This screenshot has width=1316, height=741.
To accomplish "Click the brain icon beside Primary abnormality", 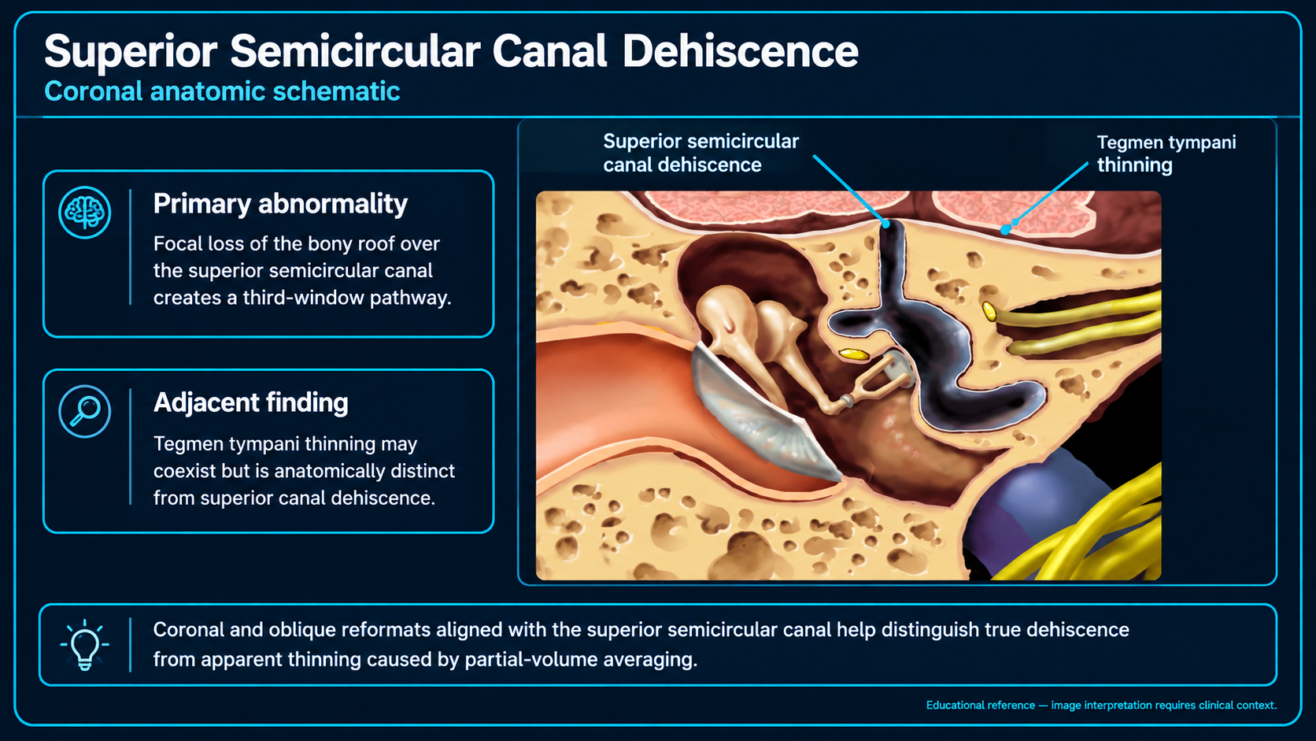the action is (84, 212).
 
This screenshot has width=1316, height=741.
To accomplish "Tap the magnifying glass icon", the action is (84, 411).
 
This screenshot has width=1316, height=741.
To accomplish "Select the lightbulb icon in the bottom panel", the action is (84, 645).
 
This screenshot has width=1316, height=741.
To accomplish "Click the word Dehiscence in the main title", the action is (740, 51).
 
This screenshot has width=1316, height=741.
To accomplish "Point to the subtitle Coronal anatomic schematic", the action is (222, 91).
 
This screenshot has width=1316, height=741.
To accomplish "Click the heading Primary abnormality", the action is (280, 204).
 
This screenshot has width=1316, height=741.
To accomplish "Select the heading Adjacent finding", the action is (251, 402).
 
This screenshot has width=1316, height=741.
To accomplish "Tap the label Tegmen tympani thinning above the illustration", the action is (1166, 154).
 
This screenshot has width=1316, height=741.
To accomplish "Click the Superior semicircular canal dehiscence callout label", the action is (701, 153).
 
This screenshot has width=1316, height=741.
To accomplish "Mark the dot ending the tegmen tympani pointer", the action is (1006, 230).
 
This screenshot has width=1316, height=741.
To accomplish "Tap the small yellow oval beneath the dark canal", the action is (854, 354).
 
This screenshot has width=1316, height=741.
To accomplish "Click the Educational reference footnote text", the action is (1101, 705).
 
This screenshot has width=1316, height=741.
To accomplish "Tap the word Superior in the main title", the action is (131, 52).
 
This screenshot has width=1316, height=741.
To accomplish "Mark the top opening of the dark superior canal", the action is (892, 226).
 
